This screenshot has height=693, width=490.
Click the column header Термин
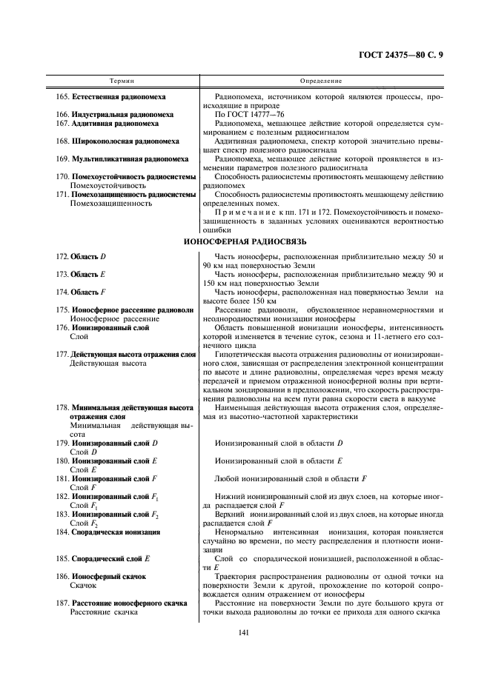click(122, 79)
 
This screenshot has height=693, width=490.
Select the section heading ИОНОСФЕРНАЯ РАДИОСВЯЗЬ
click(245, 241)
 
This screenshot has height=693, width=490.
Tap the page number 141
click(244, 632)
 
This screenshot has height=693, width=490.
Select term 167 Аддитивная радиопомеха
click(108, 124)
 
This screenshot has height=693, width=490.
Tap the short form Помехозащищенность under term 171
click(100, 203)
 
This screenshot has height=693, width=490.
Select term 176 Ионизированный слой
click(103, 327)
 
